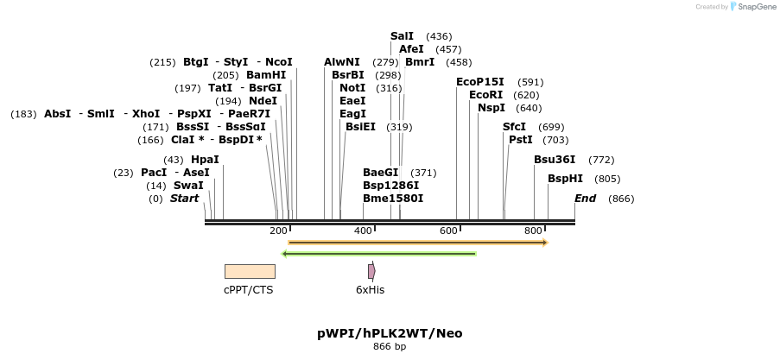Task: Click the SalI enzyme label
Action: tap(402, 36)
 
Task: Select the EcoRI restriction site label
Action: tap(485, 95)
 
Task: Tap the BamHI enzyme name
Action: tap(266, 75)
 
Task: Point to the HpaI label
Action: tap(205, 160)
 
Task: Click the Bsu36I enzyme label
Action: tap(555, 160)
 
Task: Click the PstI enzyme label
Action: tap(521, 140)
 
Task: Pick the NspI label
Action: tap(491, 108)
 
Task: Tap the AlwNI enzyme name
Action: tap(342, 62)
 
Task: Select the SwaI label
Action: tap(188, 186)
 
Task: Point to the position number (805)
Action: tap(608, 179)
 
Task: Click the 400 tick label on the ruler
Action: tap(363, 231)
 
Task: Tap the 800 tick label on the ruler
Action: tap(533, 231)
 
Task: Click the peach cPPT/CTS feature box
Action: tap(249, 271)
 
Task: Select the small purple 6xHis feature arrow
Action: tap(371, 271)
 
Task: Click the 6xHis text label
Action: tap(371, 290)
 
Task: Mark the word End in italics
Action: tap(585, 199)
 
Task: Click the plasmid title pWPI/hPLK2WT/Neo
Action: tap(390, 333)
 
